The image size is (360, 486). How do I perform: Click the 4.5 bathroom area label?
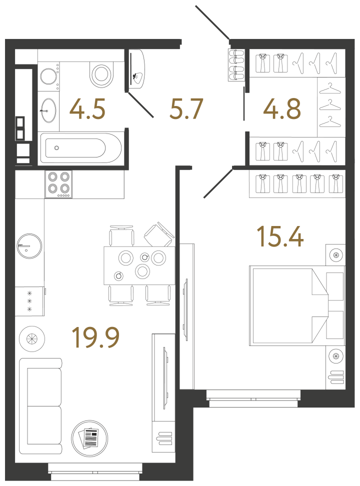pos(87,109)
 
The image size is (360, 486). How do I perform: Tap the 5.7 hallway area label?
pos(186,109)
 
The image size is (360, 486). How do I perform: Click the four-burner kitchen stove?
pos(58,184)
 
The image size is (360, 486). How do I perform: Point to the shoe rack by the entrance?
pos(236,65)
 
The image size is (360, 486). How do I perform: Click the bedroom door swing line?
pos(218,182)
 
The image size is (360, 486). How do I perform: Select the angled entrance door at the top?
pos(212,22)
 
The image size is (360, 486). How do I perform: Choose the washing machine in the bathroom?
pos(48,76)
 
